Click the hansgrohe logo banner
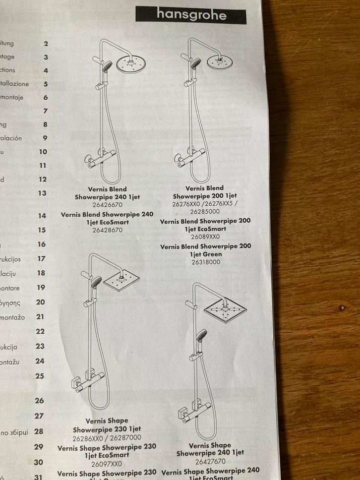click(191, 15)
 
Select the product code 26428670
click(107, 230)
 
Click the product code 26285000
click(205, 212)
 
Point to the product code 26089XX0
click(205, 237)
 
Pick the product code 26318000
click(205, 262)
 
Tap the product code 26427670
click(210, 461)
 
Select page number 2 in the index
click(46, 44)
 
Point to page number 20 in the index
click(40, 302)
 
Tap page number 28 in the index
click(39, 431)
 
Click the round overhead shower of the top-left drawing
click(130, 63)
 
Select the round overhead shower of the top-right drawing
click(220, 61)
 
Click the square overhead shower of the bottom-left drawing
click(121, 281)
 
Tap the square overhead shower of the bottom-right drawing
click(226, 310)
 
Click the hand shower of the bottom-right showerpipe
click(201, 336)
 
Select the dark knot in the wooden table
click(342, 308)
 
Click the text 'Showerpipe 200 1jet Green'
click(205, 250)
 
